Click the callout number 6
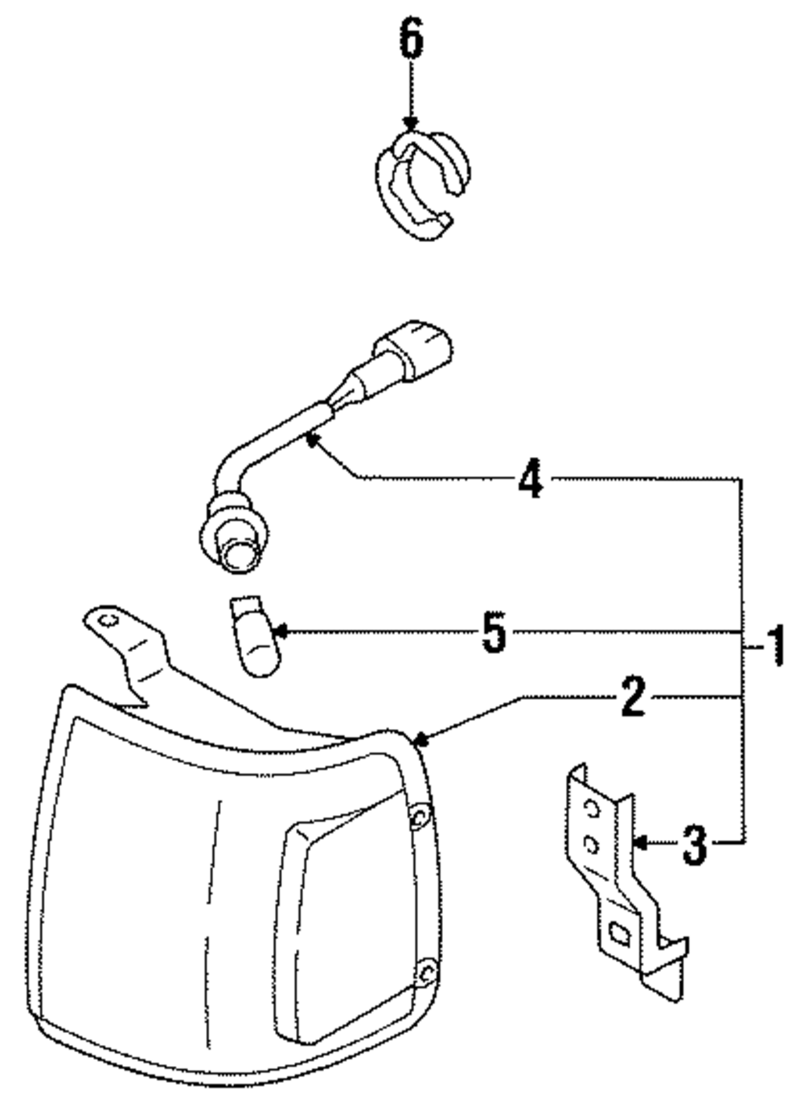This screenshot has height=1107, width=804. click(x=411, y=40)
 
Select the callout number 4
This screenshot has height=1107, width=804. click(x=531, y=480)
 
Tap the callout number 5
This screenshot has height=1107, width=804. click(x=495, y=633)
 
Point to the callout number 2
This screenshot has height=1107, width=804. click(x=633, y=697)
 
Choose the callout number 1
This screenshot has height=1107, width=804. click(x=774, y=647)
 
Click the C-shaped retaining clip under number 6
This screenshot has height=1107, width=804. click(x=422, y=185)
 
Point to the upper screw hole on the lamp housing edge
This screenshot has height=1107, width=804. click(x=419, y=818)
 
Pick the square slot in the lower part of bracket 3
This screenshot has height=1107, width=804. click(x=621, y=933)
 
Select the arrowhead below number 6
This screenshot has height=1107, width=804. click(x=411, y=125)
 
